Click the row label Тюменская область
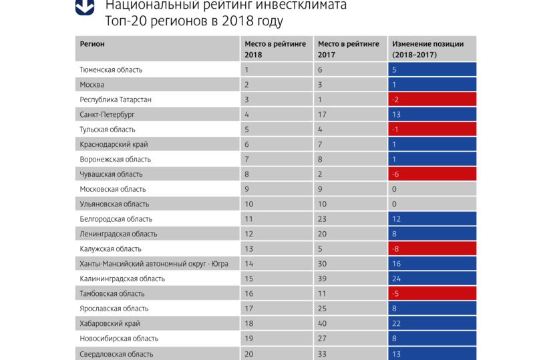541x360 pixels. click(111, 69)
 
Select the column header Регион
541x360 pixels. click(92, 44)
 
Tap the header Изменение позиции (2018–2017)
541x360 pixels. click(432, 49)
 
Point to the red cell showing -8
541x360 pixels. click(432, 248)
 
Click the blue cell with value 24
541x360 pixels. click(432, 279)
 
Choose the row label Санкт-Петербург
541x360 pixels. click(108, 114)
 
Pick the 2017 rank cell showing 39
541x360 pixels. click(350, 279)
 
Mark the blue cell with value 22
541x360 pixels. click(432, 323)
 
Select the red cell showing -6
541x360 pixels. click(432, 174)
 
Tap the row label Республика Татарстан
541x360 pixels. click(116, 100)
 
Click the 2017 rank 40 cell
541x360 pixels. click(350, 323)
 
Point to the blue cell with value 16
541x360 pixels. click(432, 264)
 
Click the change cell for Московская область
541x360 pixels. click(432, 189)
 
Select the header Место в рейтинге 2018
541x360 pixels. click(276, 49)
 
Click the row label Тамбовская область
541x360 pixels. click(112, 293)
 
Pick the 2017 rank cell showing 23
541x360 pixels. click(350, 219)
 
